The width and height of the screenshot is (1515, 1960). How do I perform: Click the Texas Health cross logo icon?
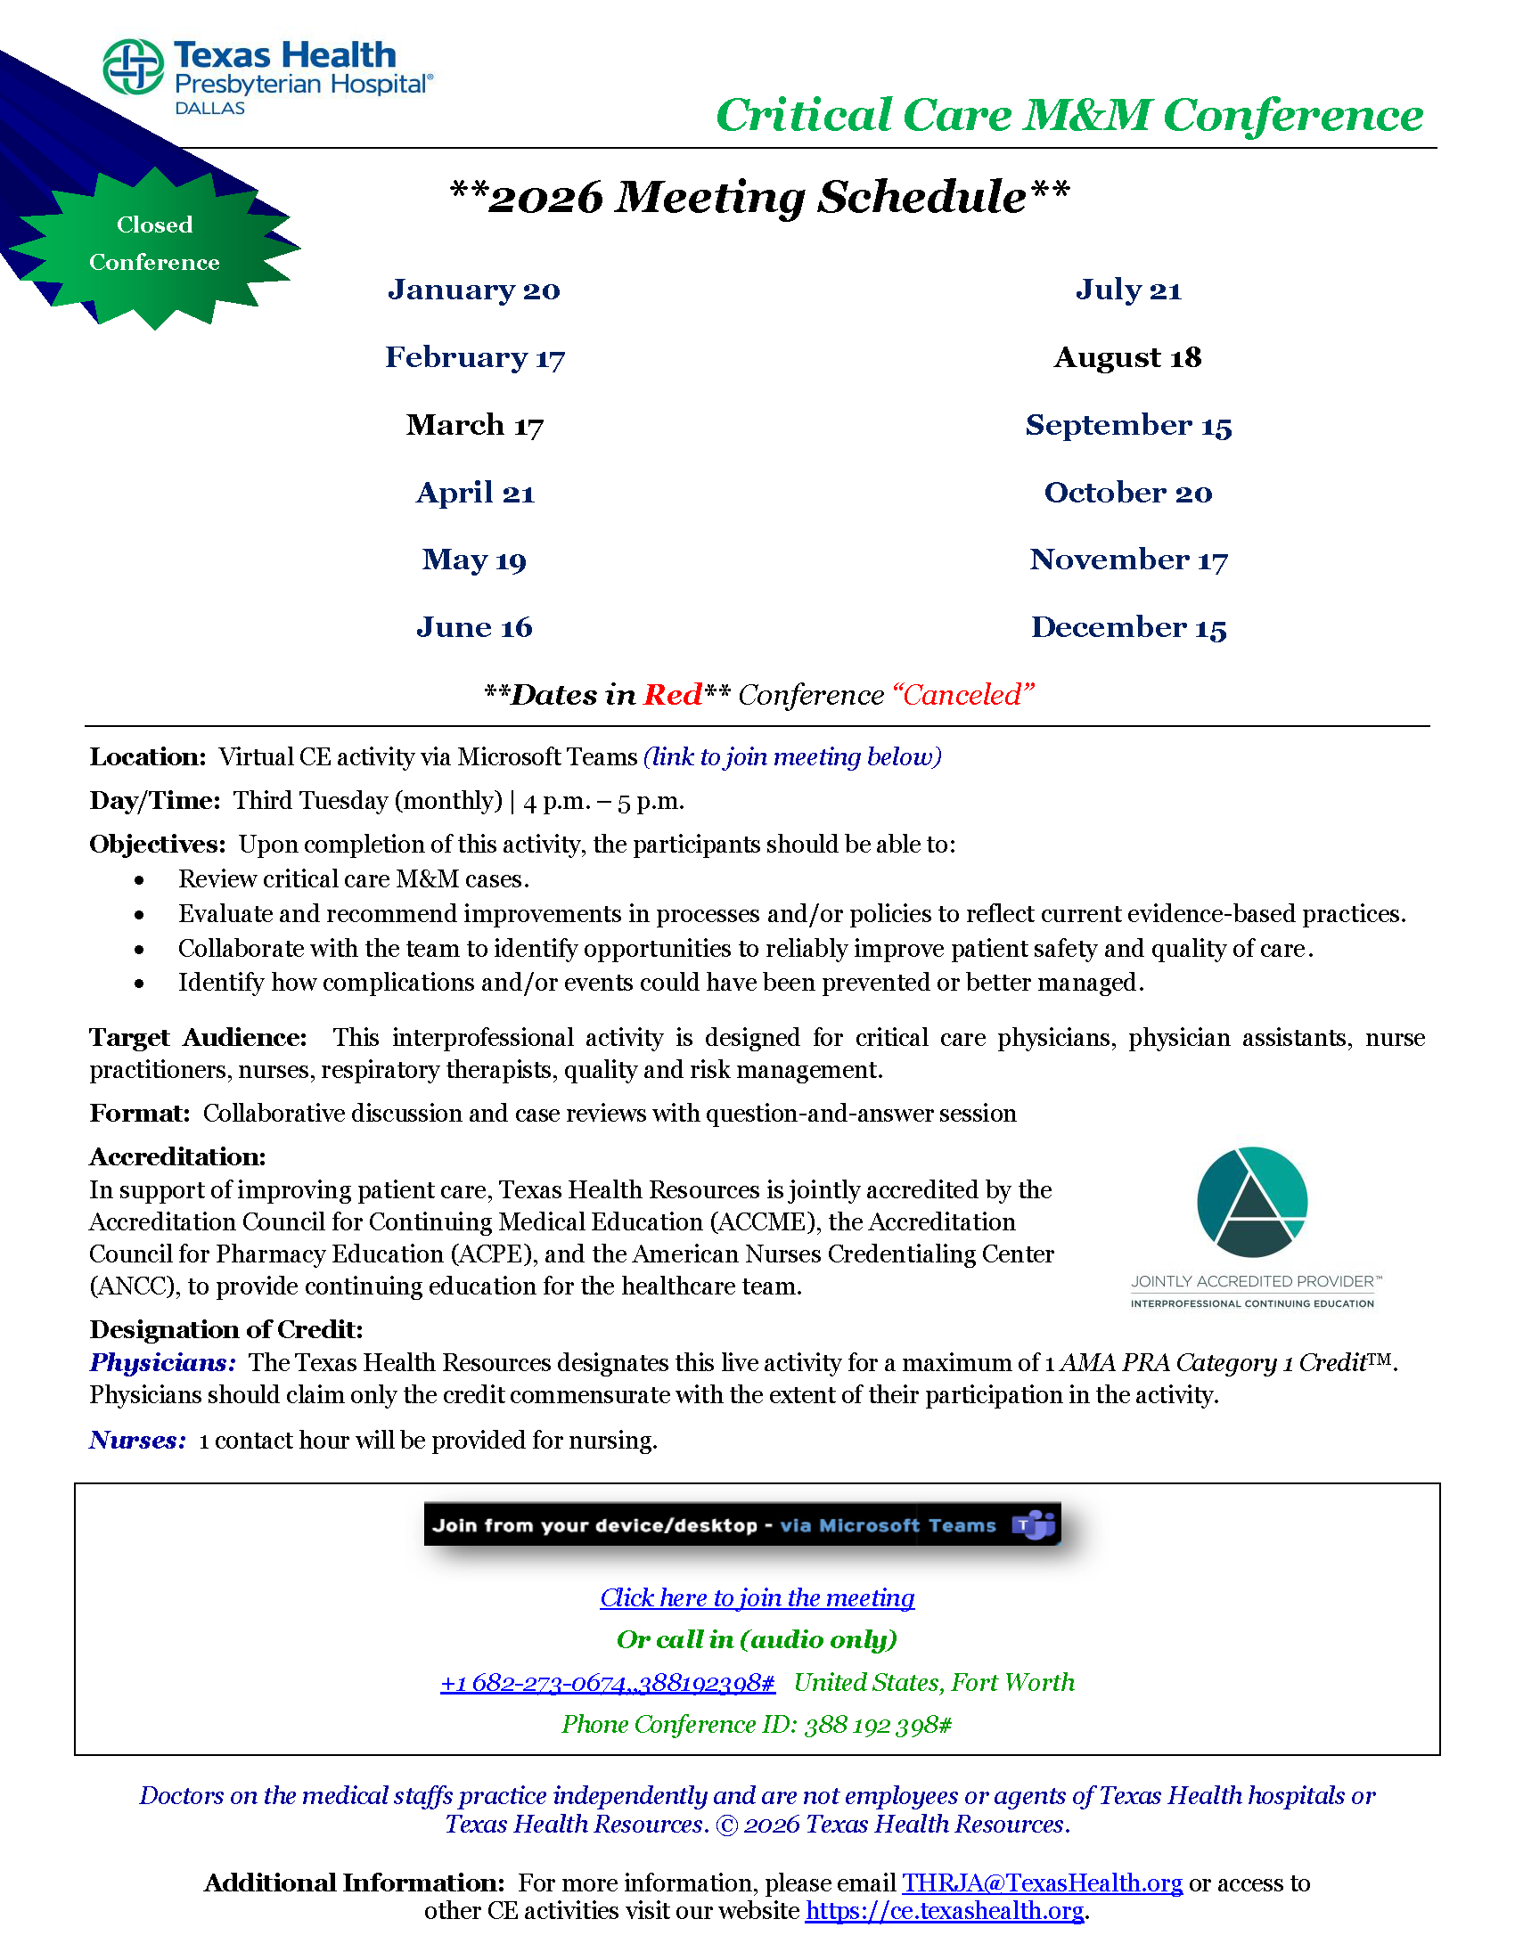coord(133,68)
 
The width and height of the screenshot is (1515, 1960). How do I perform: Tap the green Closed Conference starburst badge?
coord(154,244)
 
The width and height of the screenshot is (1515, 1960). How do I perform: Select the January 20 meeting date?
coord(474,290)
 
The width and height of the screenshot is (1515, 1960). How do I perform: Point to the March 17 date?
coord(475,424)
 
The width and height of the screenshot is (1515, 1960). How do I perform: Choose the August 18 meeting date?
coord(1127,357)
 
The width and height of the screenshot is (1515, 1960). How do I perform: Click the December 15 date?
coord(1128,627)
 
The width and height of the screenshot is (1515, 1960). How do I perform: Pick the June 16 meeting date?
coord(474,627)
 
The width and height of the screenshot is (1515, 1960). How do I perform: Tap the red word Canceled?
coord(962,695)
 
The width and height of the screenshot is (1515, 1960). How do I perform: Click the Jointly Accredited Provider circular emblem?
coord(1252,1202)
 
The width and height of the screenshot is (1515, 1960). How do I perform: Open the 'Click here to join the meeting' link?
coord(757,1597)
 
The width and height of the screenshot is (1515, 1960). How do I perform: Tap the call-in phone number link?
coord(608,1683)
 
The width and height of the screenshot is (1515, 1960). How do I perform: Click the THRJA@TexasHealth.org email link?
coord(1042,1882)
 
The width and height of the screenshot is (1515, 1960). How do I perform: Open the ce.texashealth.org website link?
coord(944,1911)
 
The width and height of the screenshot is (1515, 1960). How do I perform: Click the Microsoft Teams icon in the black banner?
coord(1033,1524)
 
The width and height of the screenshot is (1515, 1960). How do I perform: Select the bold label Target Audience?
coord(198,1037)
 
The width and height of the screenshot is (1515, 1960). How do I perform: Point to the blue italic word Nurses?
coord(137,1441)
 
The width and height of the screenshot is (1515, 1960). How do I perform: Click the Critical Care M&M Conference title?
coord(1069,115)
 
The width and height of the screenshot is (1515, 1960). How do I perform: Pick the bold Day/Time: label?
coord(154,801)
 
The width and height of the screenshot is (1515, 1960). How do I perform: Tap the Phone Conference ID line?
coord(757,1725)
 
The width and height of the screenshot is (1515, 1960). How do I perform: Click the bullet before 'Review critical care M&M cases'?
coord(139,880)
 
